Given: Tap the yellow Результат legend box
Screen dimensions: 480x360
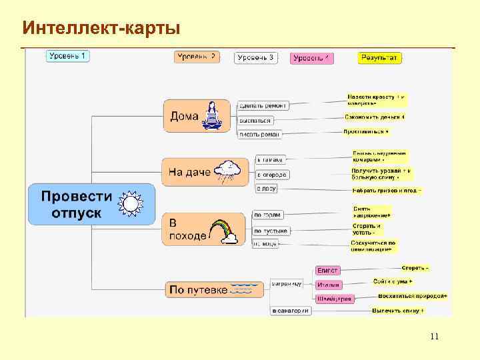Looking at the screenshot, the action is [x=379, y=58].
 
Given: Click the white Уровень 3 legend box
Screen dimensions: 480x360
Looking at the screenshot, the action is [x=256, y=58].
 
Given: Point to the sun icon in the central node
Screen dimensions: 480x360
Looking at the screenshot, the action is [x=129, y=203].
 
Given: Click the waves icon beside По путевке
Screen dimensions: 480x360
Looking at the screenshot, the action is [x=241, y=289].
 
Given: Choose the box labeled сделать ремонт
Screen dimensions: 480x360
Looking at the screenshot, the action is [x=263, y=105].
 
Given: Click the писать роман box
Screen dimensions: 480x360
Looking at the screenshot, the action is [x=260, y=134].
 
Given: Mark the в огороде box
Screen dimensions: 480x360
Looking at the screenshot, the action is [x=272, y=175].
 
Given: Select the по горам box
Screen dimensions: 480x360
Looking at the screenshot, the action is [x=267, y=215].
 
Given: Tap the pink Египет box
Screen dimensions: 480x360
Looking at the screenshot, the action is [x=327, y=270].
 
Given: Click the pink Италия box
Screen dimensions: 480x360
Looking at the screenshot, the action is [x=328, y=285].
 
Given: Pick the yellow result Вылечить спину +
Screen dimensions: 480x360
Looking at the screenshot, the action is [x=398, y=311].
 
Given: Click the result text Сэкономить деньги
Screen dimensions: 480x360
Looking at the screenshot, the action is [x=375, y=117].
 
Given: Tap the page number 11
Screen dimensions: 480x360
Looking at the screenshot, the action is [x=434, y=336].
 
